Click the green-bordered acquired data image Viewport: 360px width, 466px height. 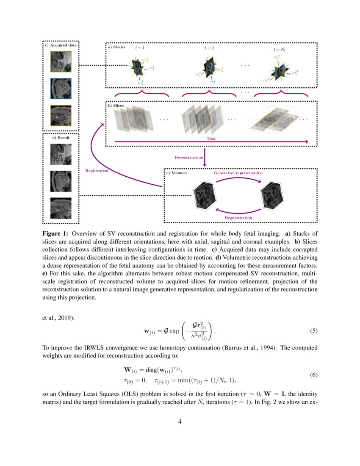click(x=61, y=62)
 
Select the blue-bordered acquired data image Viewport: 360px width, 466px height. click(x=61, y=89)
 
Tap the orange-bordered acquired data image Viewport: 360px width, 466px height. click(x=61, y=116)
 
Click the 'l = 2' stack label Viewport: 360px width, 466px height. click(x=209, y=49)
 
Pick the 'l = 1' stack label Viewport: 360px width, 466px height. click(x=140, y=48)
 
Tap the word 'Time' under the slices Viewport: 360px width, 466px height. click(x=211, y=139)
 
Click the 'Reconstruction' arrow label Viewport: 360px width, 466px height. click(x=189, y=157)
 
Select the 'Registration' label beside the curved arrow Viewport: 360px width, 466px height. click(x=97, y=170)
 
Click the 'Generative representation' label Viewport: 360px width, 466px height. click(x=238, y=173)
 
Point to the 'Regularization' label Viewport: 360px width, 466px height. click(x=238, y=217)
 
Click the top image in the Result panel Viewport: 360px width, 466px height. click(x=61, y=154)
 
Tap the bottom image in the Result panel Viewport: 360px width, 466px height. click(x=61, y=208)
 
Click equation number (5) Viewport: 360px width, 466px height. click(x=314, y=331)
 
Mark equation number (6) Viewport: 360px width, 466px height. click(x=314, y=375)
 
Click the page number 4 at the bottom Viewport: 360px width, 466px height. click(x=180, y=422)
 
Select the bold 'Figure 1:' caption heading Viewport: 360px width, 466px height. click(x=55, y=233)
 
